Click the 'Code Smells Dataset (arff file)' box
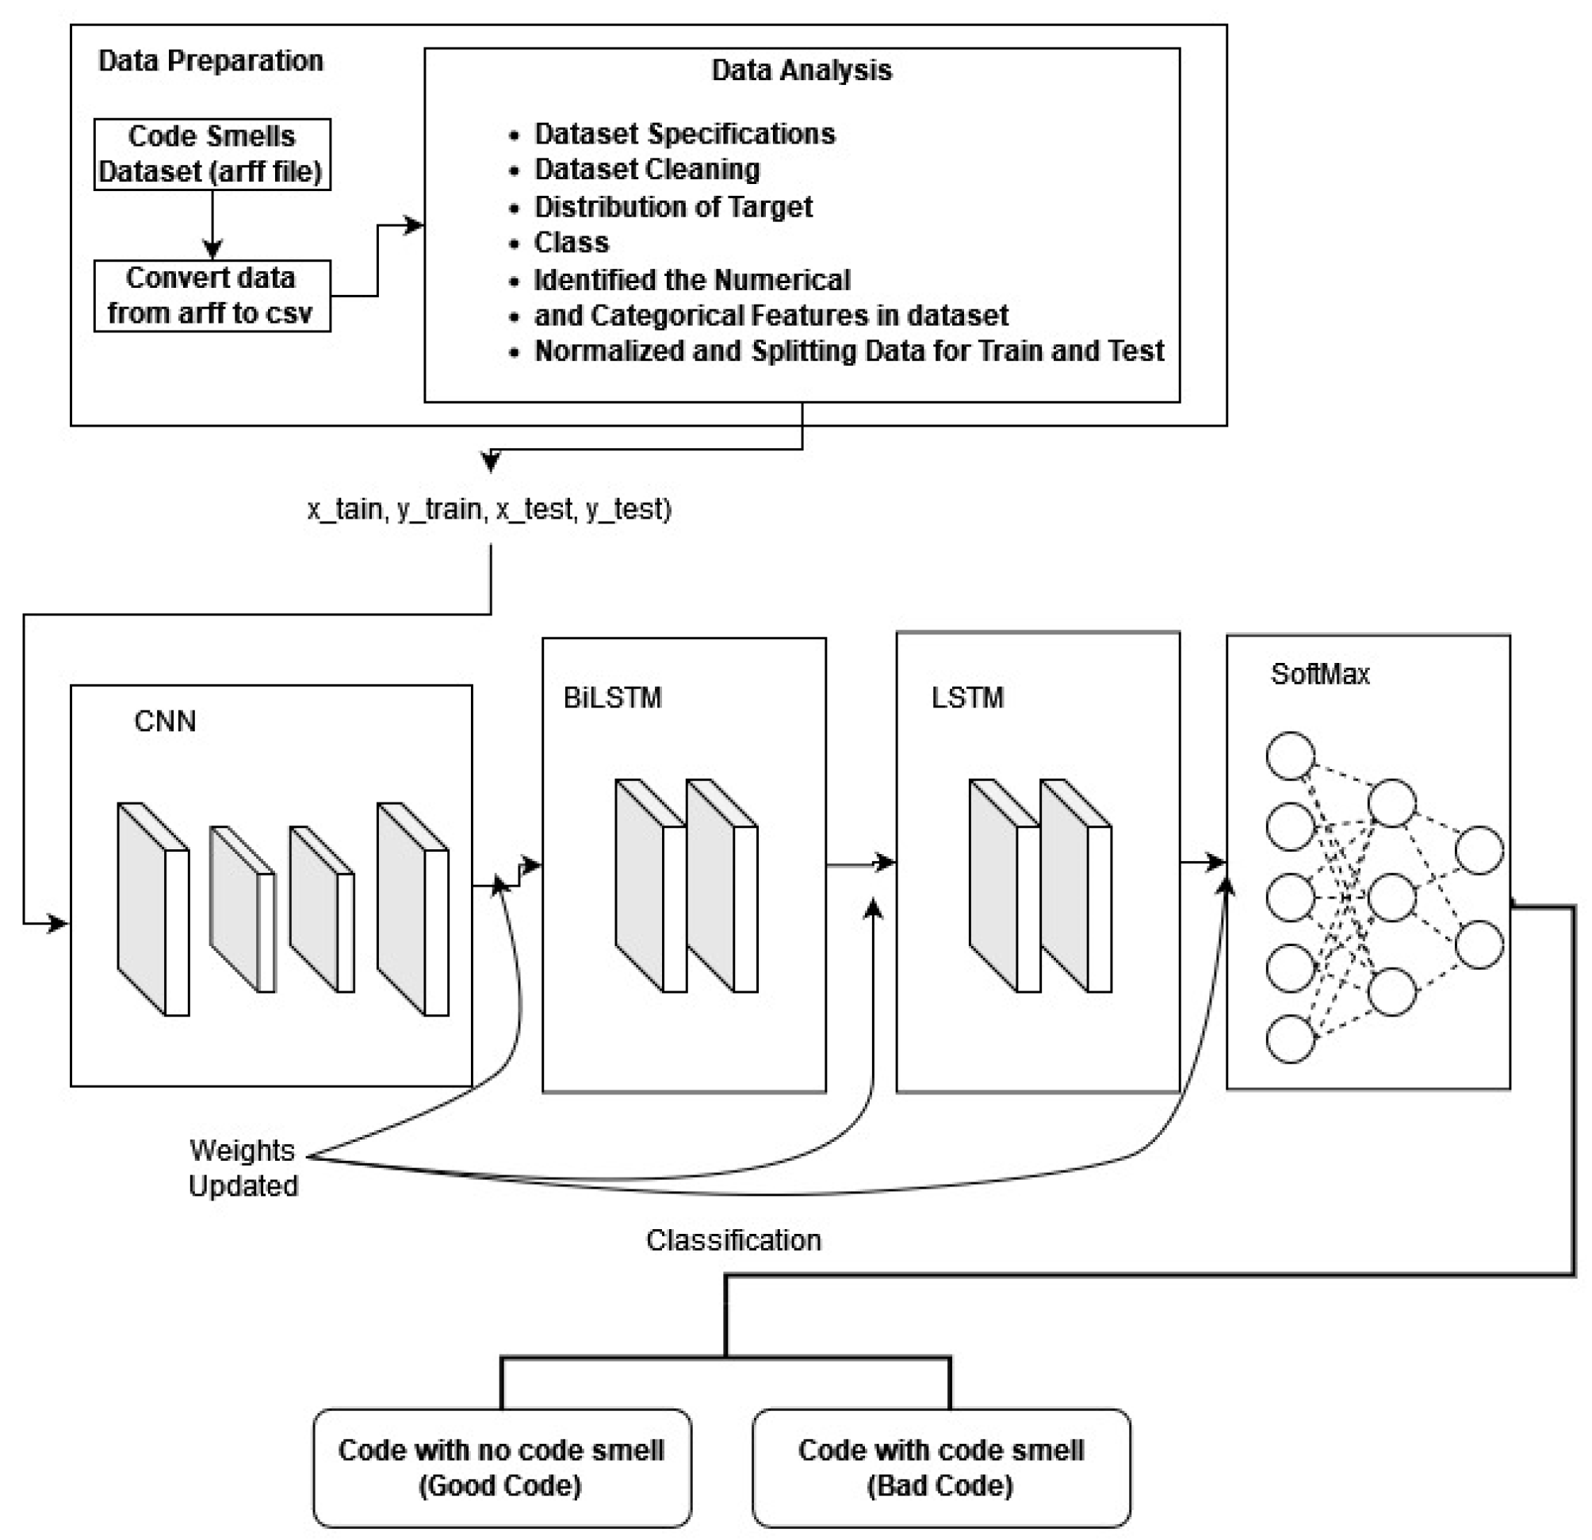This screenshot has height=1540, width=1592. [x=212, y=155]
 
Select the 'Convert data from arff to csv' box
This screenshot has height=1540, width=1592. [x=212, y=296]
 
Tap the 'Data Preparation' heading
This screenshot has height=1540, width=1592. [x=210, y=61]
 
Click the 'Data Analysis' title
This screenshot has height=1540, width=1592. [x=801, y=71]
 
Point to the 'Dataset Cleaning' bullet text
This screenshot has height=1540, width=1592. [x=646, y=170]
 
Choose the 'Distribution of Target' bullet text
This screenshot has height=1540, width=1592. [x=672, y=207]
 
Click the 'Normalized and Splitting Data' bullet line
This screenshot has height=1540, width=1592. [x=849, y=351]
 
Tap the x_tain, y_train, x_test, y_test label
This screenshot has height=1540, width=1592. [x=489, y=509]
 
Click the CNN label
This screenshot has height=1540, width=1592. [x=165, y=722]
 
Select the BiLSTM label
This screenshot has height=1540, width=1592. [x=612, y=698]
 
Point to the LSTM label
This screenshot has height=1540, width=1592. [x=967, y=698]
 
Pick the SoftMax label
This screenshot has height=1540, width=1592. [x=1320, y=674]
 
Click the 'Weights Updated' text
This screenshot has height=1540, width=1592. [x=243, y=1168]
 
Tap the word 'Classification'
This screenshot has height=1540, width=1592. [x=733, y=1240]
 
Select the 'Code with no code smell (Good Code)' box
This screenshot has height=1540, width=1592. [x=502, y=1468]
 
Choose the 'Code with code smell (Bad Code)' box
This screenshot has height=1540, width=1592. [x=940, y=1468]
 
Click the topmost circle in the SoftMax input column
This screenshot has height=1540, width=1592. [x=1290, y=757]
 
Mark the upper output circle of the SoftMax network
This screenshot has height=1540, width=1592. [x=1479, y=850]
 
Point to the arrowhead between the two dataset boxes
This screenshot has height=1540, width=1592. [x=212, y=250]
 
